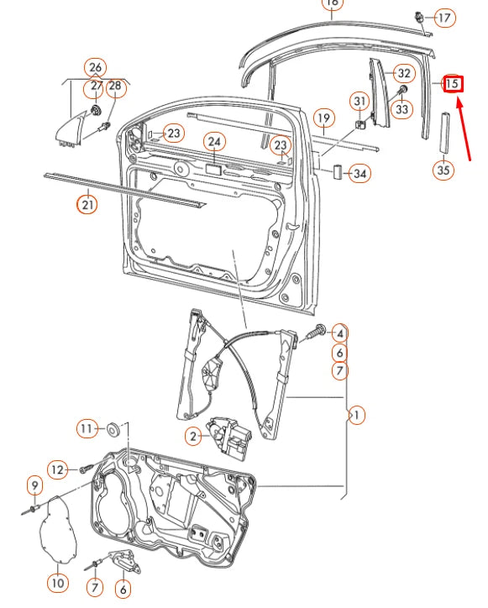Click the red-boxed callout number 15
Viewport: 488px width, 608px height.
coord(452,83)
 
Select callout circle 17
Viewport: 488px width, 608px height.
coord(444,17)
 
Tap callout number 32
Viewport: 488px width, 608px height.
coord(403,74)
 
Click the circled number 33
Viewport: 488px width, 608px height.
coord(403,108)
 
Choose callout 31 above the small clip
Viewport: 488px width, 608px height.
coord(359,102)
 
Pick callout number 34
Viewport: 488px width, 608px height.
coord(359,174)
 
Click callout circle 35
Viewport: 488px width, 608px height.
coord(443,170)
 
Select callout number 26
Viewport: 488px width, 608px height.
coord(96,67)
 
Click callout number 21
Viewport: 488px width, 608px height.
coord(87,203)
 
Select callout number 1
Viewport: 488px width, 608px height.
coord(357,414)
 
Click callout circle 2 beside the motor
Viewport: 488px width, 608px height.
coord(193,436)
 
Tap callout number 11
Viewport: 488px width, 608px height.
coord(87,429)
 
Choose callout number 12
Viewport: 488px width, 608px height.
coord(56,469)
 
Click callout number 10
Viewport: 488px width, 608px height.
coord(57,582)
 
